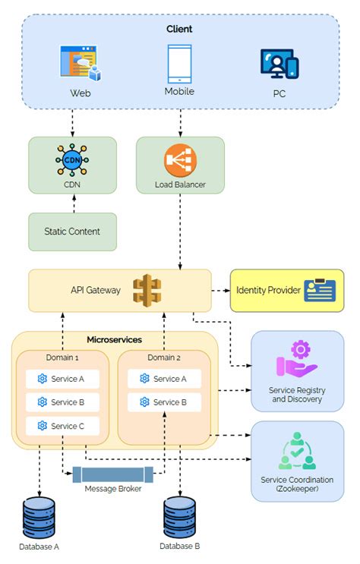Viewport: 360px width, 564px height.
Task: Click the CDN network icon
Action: (73, 160)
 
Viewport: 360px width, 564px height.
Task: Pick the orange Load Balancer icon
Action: (180, 160)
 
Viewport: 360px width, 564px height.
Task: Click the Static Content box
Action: (73, 231)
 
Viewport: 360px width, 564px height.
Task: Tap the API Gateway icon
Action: (147, 290)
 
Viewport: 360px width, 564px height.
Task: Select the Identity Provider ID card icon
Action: (320, 290)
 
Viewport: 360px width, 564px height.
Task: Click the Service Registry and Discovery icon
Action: (296, 361)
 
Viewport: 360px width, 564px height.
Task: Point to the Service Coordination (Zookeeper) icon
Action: (297, 452)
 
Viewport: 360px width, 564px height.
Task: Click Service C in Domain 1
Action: (62, 426)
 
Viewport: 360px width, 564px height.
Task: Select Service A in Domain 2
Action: (164, 379)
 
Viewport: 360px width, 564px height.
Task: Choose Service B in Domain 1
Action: (62, 402)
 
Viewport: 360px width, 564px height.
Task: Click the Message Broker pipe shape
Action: (112, 474)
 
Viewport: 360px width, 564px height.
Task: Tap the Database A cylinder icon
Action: (39, 518)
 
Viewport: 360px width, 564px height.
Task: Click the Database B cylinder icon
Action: (181, 518)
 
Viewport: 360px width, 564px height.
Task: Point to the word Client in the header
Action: (179, 29)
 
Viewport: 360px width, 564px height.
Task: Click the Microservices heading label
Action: (115, 339)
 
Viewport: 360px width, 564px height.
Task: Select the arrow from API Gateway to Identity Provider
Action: (219, 290)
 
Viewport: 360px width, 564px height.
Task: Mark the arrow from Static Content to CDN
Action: (73, 202)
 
